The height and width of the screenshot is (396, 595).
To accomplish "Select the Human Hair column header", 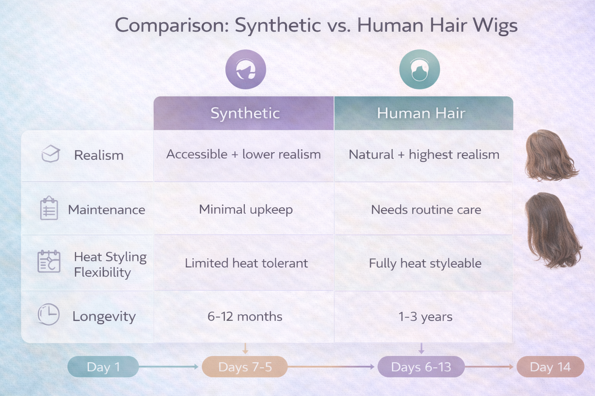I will coord(421,113).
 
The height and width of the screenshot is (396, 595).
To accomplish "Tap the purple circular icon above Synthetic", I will coord(246,70).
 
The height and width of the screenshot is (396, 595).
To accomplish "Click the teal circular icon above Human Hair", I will coord(420,70).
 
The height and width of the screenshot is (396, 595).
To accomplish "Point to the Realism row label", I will coord(99,155).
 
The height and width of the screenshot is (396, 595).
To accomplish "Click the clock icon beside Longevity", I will coord(49,314).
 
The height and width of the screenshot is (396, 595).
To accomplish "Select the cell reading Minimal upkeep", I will coord(246,210).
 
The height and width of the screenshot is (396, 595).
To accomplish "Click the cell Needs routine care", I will coord(426,210).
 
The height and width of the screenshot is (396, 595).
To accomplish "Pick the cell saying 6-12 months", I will coord(245,317).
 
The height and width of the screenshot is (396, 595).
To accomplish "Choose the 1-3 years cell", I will coord(425,317).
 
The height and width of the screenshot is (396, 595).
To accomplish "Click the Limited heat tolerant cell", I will coord(246,263).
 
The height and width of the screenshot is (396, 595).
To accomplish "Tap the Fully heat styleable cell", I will coord(425,263).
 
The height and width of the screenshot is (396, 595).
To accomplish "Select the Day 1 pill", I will coord(103,367).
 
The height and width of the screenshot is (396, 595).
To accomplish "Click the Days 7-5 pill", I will coord(245,367).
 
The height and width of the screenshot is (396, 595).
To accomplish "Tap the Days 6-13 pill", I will coord(421,367).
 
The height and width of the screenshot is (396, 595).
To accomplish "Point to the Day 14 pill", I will coord(550,367).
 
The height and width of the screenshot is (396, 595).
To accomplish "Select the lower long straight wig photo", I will coord(553,230).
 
